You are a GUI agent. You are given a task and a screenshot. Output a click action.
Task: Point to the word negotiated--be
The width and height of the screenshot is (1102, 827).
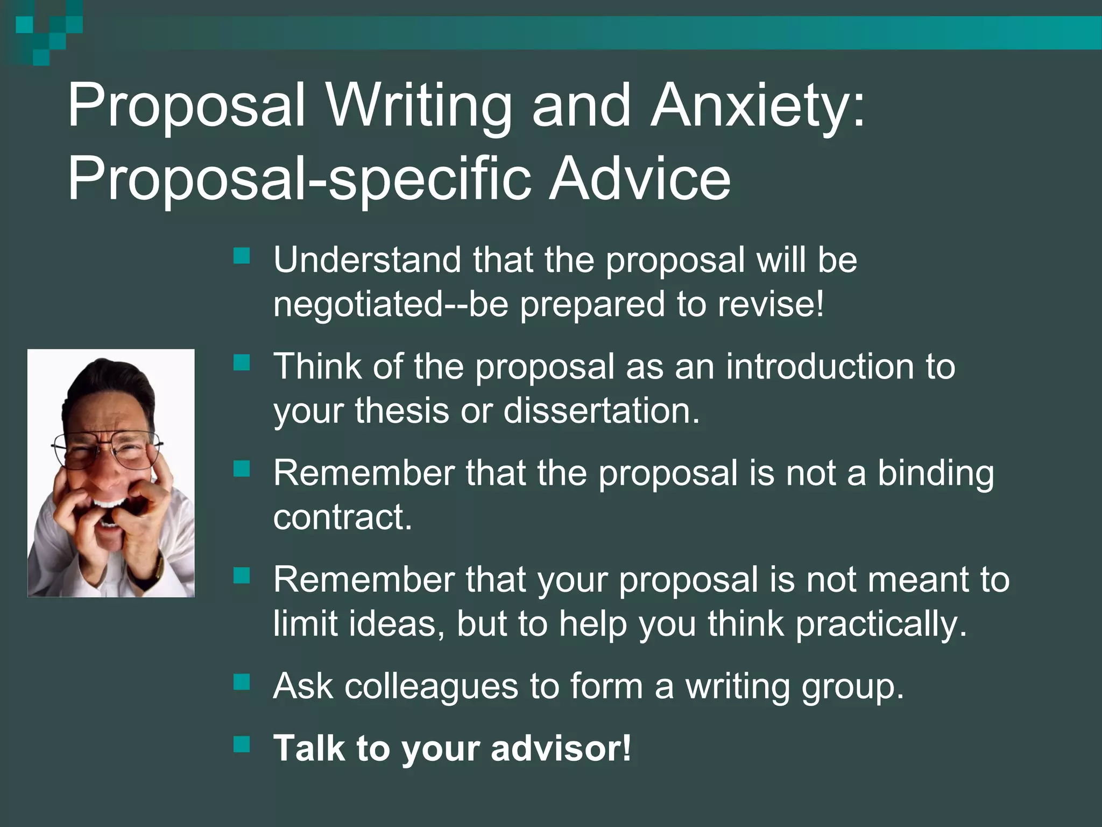(391, 304)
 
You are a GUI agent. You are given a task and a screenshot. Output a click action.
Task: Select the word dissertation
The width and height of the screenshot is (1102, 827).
(602, 410)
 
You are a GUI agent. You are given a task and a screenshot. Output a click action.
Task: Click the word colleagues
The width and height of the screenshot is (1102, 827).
(431, 686)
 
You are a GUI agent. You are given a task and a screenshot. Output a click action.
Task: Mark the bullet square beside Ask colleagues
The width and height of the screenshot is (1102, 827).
(242, 683)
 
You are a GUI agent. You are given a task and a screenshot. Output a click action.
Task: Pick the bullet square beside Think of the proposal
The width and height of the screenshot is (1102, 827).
(242, 363)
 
